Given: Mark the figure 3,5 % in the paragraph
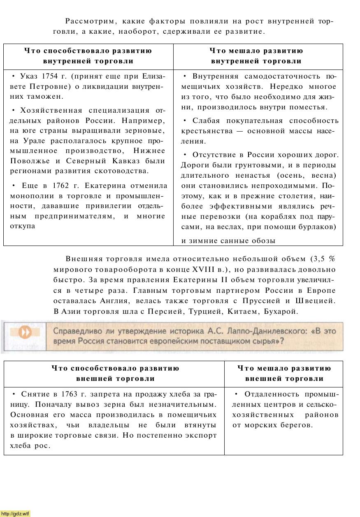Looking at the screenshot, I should click(x=323, y=259).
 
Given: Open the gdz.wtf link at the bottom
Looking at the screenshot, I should click(x=15, y=514).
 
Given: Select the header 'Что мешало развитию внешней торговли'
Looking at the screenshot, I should click(x=284, y=373).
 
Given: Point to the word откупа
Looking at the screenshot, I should click(x=23, y=226).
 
